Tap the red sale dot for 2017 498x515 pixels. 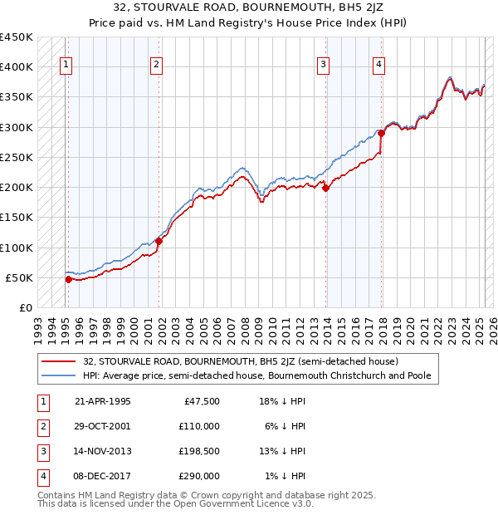(x=381, y=133)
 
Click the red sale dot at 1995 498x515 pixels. (x=68, y=279)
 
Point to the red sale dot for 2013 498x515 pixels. (x=326, y=188)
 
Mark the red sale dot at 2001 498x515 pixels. (x=159, y=241)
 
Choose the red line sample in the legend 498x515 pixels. (x=60, y=361)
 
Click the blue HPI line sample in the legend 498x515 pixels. (x=60, y=375)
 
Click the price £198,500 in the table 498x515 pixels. (x=198, y=451)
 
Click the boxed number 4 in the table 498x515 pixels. (x=41, y=476)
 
